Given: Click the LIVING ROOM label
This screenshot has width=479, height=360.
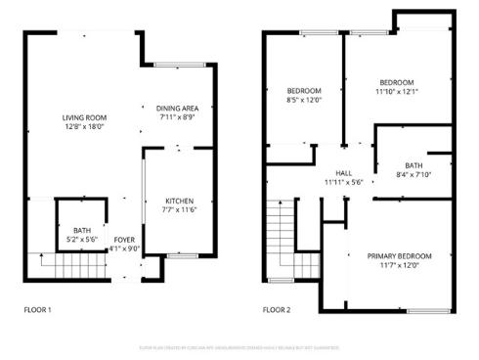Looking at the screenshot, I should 84,117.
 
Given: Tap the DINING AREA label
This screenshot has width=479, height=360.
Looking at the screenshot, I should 179,109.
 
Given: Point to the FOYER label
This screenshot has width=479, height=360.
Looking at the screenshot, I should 124,239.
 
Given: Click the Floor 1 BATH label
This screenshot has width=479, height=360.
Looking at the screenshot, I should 81,230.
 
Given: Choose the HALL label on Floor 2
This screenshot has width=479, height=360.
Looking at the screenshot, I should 343,173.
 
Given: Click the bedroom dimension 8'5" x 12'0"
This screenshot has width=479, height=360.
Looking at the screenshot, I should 304,100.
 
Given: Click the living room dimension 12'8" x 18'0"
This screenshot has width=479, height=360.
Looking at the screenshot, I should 84,126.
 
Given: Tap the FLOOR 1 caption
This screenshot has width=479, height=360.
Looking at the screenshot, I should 38,310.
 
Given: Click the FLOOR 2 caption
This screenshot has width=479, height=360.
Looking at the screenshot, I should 278,310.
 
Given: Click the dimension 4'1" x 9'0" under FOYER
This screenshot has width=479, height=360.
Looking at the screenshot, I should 124,247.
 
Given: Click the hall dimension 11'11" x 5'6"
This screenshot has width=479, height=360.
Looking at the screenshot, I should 343,182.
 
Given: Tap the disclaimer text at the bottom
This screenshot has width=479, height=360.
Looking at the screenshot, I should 239,346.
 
